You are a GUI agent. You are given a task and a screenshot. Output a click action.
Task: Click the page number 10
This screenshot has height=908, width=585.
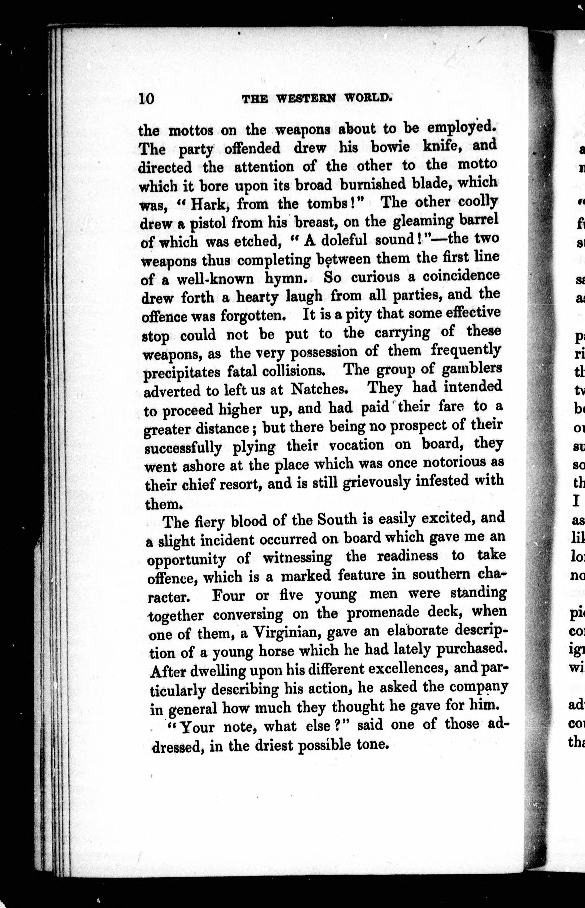[146, 99]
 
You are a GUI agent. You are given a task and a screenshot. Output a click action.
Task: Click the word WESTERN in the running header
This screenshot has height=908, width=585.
[306, 99]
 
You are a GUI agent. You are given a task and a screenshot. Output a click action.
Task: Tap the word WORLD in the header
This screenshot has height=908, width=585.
[368, 98]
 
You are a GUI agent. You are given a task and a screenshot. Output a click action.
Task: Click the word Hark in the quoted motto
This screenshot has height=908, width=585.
[208, 205]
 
